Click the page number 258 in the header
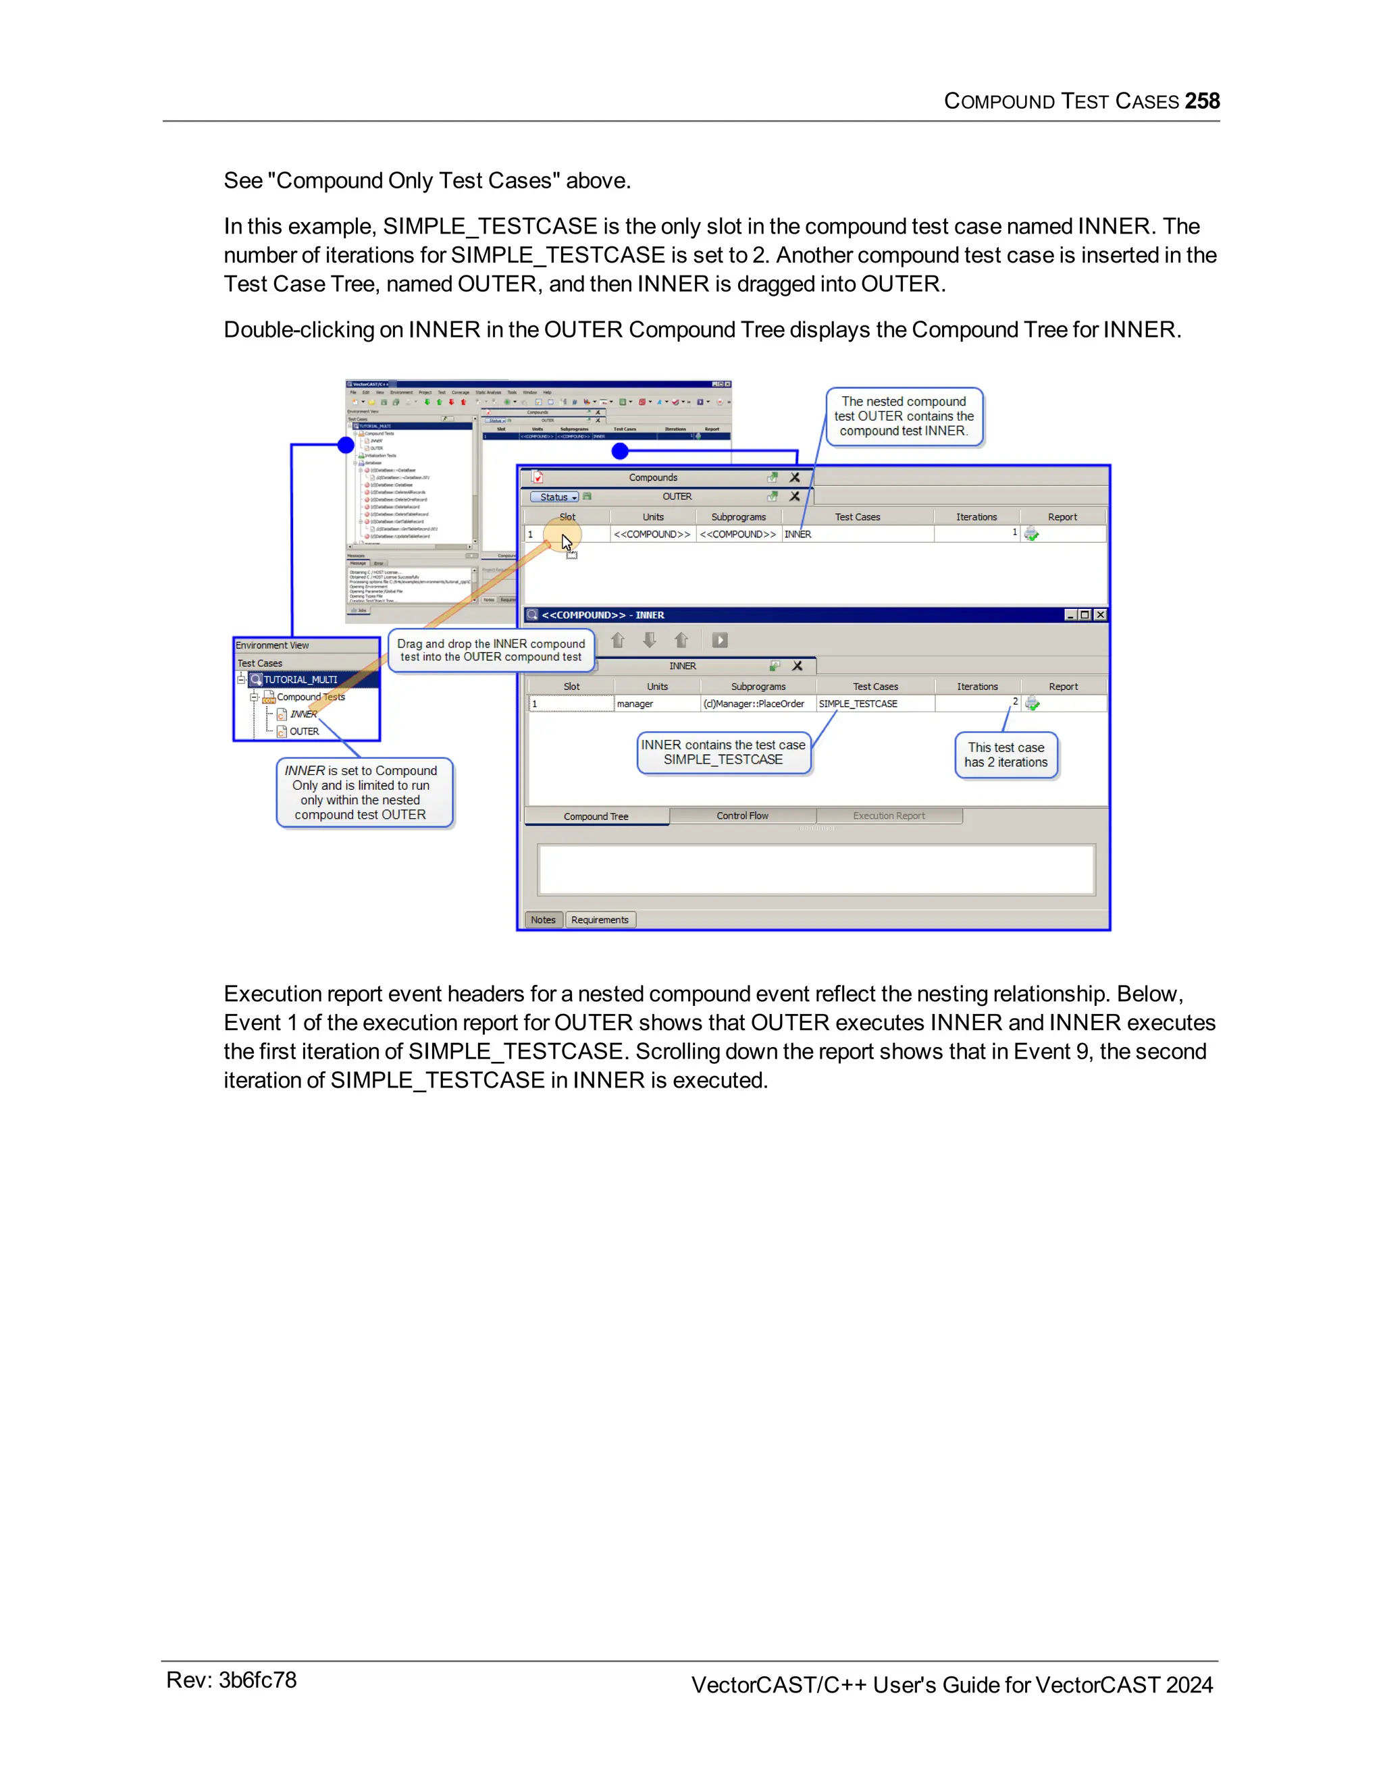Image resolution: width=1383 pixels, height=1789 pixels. [x=1202, y=101]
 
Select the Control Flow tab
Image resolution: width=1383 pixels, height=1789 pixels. [x=742, y=816]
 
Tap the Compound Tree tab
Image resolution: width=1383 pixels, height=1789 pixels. [x=596, y=817]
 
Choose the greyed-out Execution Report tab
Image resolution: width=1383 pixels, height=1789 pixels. [x=889, y=816]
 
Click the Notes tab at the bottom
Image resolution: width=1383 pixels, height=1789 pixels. [x=543, y=920]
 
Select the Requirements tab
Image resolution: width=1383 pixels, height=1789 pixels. [x=600, y=920]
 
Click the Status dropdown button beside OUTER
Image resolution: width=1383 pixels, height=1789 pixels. [x=556, y=498]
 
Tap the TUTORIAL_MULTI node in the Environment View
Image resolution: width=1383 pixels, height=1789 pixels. [x=300, y=680]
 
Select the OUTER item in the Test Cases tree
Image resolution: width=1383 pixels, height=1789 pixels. [x=304, y=732]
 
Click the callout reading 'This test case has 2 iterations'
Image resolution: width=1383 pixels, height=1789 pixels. [x=1006, y=755]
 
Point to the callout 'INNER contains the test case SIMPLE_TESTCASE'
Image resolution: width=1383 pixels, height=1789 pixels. [x=723, y=752]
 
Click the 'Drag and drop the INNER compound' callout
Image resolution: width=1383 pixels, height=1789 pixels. [x=491, y=650]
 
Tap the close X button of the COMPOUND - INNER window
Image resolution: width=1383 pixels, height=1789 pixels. [x=1100, y=615]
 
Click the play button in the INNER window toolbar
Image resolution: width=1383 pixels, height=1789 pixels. [x=719, y=641]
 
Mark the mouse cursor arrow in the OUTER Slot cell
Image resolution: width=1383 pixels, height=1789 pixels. [x=566, y=541]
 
